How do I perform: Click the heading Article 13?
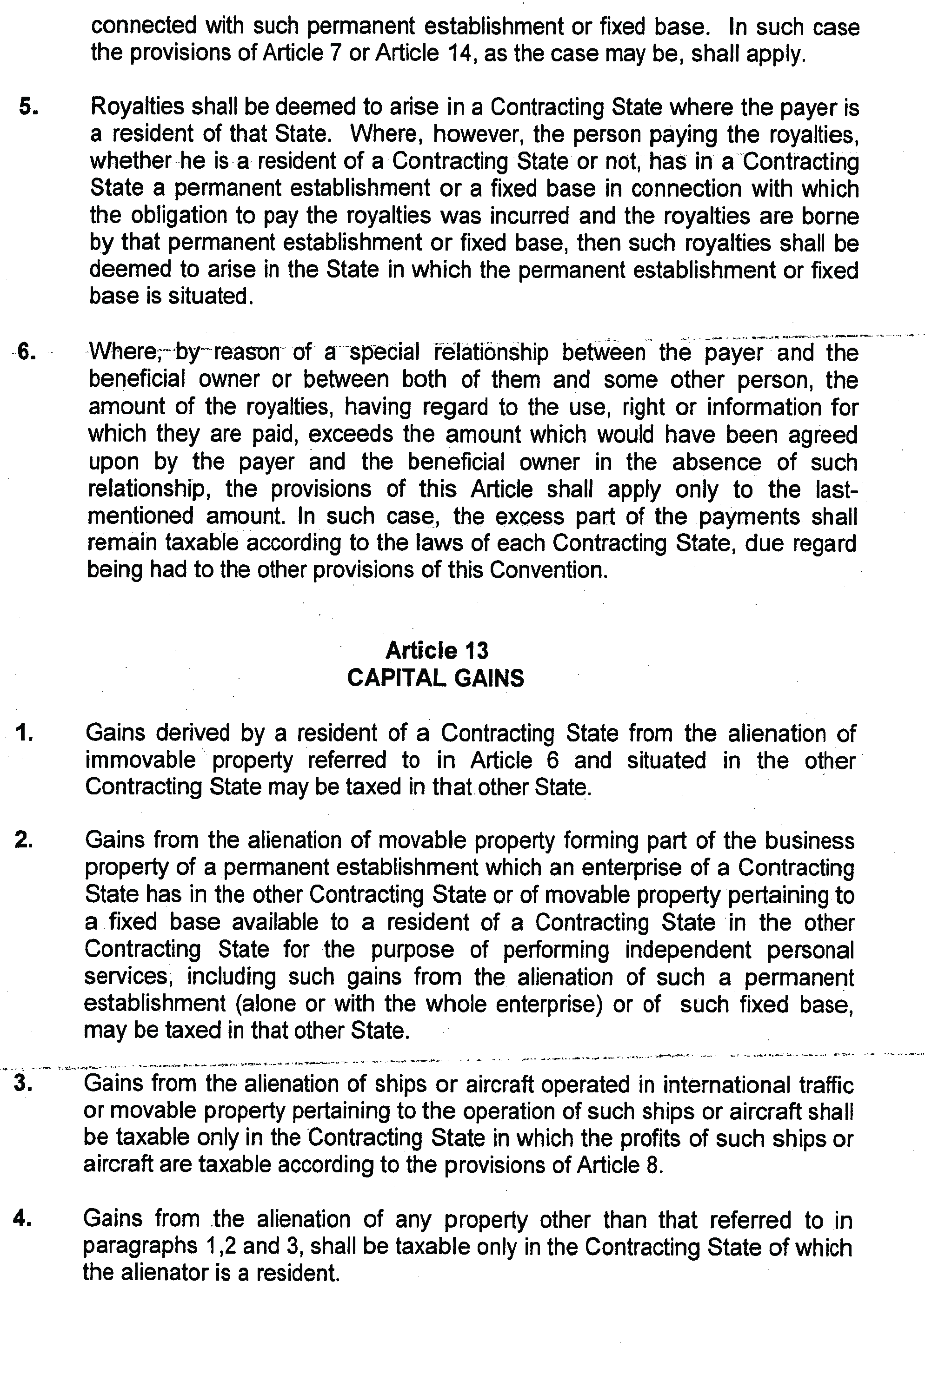point(437,650)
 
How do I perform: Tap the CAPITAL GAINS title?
point(435,678)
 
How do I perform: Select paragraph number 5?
point(28,107)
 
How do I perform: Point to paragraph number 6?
point(27,351)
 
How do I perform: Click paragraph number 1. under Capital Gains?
point(25,733)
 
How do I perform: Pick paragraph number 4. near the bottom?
point(22,1218)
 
